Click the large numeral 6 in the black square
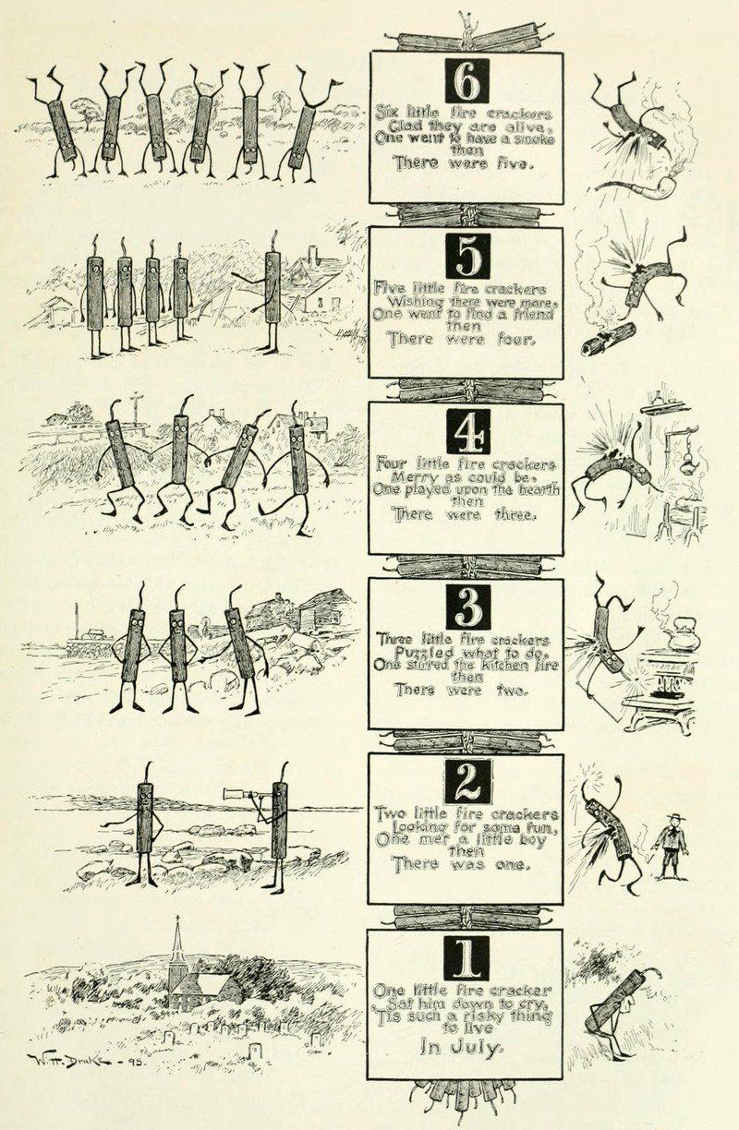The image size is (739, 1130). coord(467,80)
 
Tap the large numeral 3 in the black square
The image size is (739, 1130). coord(468,607)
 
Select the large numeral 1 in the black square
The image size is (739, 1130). coord(466,957)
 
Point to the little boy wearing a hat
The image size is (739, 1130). coord(672,847)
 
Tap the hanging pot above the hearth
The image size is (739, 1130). coord(686,465)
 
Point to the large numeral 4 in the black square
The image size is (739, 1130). coord(468,432)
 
